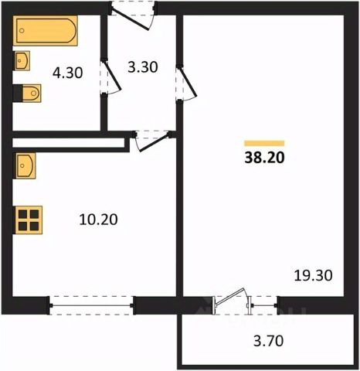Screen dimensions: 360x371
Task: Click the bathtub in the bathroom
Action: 46,31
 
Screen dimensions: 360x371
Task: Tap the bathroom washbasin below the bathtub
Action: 22,60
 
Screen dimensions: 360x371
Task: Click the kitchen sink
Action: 25,165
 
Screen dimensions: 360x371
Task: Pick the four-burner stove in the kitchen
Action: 29,220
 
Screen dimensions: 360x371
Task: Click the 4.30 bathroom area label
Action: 68,73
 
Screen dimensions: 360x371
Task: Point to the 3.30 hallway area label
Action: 143,67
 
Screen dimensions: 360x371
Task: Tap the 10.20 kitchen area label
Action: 98,220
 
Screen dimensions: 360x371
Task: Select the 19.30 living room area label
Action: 313,275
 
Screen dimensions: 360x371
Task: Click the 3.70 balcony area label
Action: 268,341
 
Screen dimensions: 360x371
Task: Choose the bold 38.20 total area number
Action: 264,158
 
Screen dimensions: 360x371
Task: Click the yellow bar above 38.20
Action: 264,143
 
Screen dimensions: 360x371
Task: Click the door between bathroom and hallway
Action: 110,77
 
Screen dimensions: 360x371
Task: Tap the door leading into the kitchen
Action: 151,141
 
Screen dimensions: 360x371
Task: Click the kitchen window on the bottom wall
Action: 91,305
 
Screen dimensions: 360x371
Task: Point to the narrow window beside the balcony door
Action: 263,305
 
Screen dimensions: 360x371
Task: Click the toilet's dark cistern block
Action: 18,93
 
